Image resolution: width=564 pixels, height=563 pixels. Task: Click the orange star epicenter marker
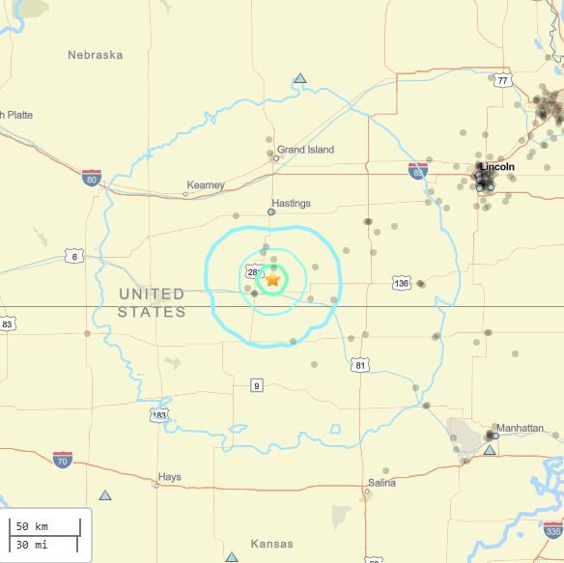272,279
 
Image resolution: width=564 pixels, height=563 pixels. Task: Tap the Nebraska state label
95,55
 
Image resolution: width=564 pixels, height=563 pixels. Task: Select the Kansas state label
271,545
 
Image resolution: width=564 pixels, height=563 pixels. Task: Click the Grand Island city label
305,150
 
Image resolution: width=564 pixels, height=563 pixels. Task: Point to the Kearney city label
205,185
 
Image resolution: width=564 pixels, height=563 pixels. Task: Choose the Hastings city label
292,204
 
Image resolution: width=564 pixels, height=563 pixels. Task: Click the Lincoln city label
497,167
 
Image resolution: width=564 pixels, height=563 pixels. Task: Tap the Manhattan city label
519,428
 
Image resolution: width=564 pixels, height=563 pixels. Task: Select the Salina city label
381,483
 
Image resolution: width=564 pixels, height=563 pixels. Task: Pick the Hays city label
169,477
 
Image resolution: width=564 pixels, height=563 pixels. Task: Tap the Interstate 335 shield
552,530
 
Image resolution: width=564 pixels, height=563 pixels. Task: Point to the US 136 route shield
402,283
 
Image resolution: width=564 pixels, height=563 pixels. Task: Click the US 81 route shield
360,365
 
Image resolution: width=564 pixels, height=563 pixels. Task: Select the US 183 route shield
159,415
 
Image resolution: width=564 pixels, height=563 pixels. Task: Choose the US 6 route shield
73,256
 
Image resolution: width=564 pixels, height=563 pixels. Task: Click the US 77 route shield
502,80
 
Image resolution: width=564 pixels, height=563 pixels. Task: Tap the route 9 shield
256,386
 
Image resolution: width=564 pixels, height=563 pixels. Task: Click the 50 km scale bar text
35,526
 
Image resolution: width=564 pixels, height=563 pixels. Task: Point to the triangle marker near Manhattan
490,450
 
